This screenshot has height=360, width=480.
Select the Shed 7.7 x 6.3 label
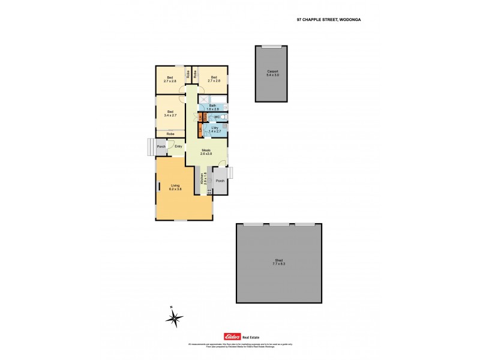click(278, 262)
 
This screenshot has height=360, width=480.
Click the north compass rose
click(173, 318)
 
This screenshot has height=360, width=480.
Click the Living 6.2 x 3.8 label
click(176, 188)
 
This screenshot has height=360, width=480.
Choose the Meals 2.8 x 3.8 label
click(207, 152)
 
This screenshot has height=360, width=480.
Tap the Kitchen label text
click(202, 179)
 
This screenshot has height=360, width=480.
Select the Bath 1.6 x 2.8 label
click(213, 107)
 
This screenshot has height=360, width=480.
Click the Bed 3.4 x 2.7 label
click(171, 113)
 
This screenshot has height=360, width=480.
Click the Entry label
click(178, 146)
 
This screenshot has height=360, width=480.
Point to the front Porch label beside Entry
click(161, 146)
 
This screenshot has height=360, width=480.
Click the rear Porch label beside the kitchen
click(220, 181)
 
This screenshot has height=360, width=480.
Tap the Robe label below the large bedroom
click(170, 134)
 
